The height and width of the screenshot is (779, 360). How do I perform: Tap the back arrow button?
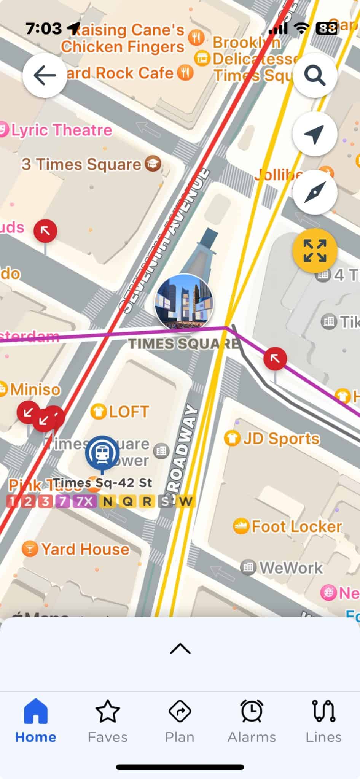tap(45, 75)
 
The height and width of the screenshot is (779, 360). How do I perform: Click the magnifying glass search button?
tap(315, 75)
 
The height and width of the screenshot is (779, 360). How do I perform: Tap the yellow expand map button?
tap(315, 251)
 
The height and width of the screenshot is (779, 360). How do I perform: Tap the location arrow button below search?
tap(315, 134)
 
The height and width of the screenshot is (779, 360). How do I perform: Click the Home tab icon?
tap(36, 711)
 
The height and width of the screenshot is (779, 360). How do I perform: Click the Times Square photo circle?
tap(184, 302)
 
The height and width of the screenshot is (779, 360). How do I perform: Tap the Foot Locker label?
tap(296, 527)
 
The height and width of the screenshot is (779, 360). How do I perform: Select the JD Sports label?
tap(281, 439)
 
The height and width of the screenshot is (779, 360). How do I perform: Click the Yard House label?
tap(84, 549)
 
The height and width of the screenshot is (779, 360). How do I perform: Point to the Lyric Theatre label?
tap(61, 130)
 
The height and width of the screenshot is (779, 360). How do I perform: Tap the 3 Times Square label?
tap(81, 164)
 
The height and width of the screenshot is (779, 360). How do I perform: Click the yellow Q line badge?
tap(128, 501)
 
